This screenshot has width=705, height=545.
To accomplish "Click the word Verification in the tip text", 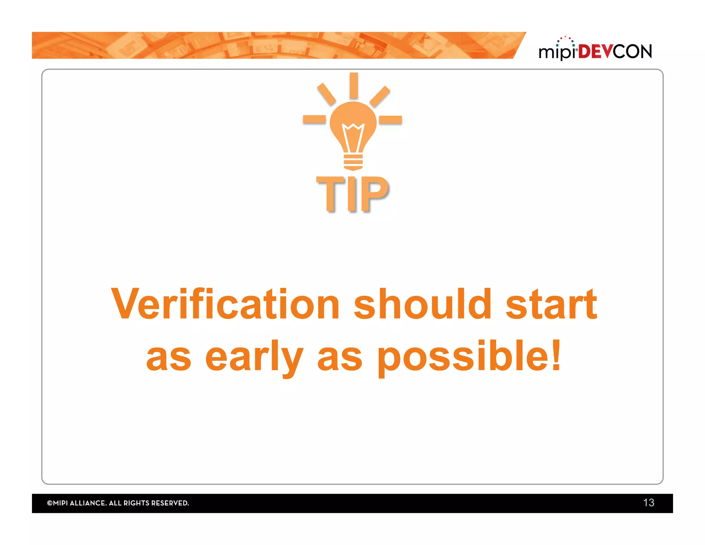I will pyautogui.click(x=225, y=304).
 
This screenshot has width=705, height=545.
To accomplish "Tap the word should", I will pyautogui.click(x=423, y=304).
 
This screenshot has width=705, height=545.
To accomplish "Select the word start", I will pyautogui.click(x=551, y=304).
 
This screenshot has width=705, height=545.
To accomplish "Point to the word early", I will pyautogui.click(x=254, y=357).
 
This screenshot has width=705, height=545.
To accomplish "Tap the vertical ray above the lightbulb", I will pyautogui.click(x=354, y=85).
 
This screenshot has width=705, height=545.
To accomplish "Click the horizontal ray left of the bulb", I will pyautogui.click(x=314, y=119).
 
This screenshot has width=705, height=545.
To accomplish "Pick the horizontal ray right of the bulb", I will pyautogui.click(x=390, y=120).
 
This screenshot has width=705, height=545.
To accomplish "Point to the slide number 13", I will pyautogui.click(x=649, y=503).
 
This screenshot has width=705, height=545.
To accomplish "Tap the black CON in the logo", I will pyautogui.click(x=632, y=52).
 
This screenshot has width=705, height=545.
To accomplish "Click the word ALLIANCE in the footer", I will pyautogui.click(x=88, y=503).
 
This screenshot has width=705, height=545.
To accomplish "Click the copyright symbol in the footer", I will pyautogui.click(x=50, y=503).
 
